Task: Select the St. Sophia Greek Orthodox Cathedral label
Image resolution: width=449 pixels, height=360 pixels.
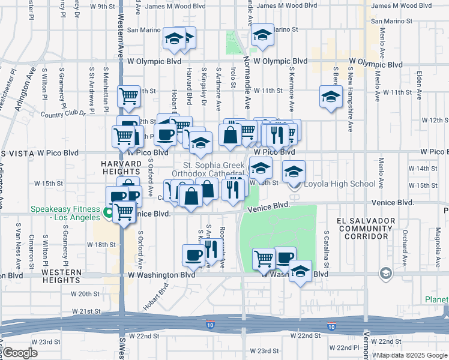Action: pos(209,169)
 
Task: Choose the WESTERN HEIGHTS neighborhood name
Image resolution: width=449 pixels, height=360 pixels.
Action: pos(61,272)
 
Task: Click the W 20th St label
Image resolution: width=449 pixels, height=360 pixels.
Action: pos(85,294)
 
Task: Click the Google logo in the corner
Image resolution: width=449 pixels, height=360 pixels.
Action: pos(20,353)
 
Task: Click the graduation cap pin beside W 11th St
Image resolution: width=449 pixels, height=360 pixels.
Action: pos(330,96)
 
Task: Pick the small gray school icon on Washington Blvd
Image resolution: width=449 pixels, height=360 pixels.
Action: pos(385,274)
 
